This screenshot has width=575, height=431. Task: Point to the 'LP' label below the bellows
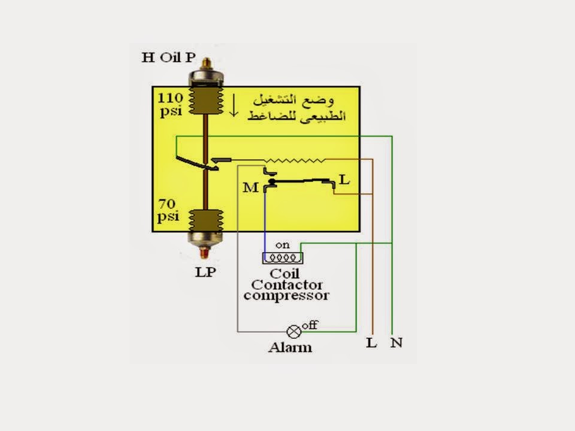[205, 272]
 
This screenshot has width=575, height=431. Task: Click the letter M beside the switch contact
[250, 188]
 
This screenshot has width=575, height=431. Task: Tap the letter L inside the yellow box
[344, 180]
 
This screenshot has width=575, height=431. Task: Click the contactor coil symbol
[282, 258]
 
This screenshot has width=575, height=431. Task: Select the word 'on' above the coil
[282, 245]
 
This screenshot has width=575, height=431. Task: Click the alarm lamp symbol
[293, 330]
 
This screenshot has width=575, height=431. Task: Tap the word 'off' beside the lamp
[310, 325]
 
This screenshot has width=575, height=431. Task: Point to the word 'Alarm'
[290, 347]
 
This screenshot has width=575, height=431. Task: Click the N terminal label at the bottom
[396, 344]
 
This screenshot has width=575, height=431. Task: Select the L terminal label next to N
[371, 344]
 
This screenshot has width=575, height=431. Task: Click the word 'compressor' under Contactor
[286, 295]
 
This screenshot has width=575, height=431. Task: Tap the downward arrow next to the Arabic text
[234, 107]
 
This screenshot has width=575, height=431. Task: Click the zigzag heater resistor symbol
[295, 160]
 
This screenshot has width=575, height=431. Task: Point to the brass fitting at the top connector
[205, 62]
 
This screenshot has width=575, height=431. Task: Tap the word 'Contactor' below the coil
[287, 285]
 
